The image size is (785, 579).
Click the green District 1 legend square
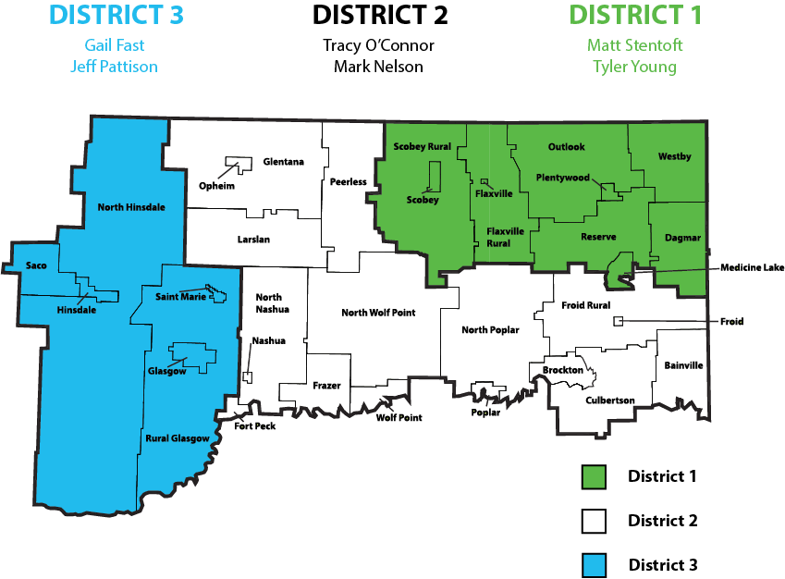(x=593, y=476)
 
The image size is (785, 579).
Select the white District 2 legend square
(x=593, y=521)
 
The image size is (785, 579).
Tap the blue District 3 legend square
(x=593, y=564)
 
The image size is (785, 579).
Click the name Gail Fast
(x=114, y=45)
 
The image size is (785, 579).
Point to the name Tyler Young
(x=633, y=67)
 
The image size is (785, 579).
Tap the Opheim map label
(x=217, y=186)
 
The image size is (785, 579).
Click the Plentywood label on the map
(x=563, y=178)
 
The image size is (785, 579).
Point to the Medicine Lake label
(x=752, y=267)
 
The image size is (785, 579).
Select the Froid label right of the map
(x=732, y=322)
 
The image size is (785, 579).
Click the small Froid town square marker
(x=619, y=321)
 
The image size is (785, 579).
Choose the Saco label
(x=36, y=265)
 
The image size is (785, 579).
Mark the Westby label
(x=674, y=156)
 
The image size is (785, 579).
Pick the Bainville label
(x=683, y=365)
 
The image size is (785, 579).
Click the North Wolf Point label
(x=378, y=313)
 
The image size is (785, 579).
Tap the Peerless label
(x=348, y=181)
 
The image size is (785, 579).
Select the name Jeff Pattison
(x=114, y=67)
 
